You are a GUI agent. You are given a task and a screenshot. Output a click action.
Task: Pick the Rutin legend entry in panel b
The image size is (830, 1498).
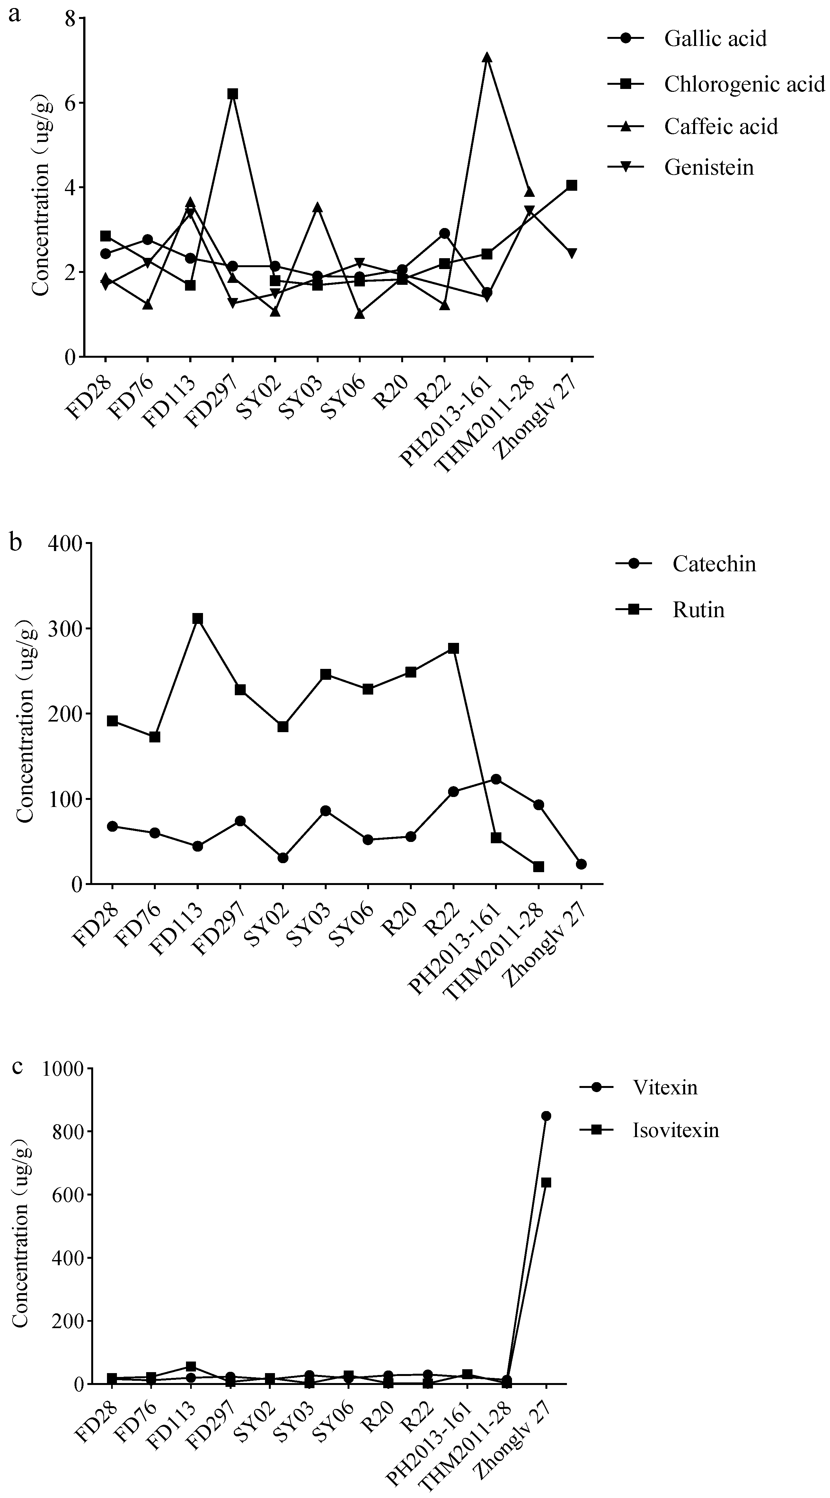(x=698, y=610)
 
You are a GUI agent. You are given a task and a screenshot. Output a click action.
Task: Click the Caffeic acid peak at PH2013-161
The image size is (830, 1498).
(x=487, y=57)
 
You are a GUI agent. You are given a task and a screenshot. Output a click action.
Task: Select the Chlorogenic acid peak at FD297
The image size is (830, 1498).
(x=233, y=94)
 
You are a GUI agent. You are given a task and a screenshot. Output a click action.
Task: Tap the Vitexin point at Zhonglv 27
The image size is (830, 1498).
(x=546, y=1116)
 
